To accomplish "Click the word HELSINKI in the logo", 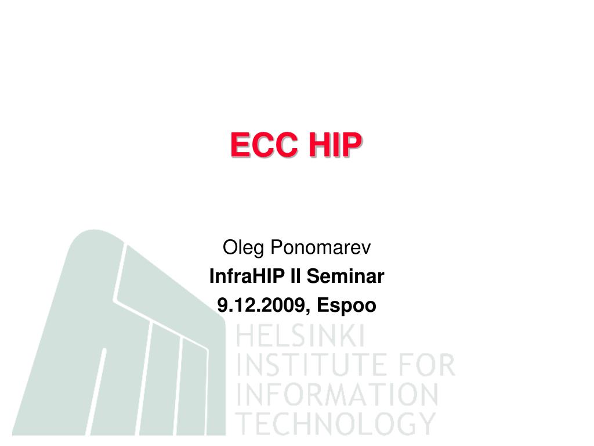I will (x=300, y=337).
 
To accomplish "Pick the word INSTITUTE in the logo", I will (x=310, y=366).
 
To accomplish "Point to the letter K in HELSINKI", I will (x=347, y=337).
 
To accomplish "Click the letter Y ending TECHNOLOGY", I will (x=426, y=423).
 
